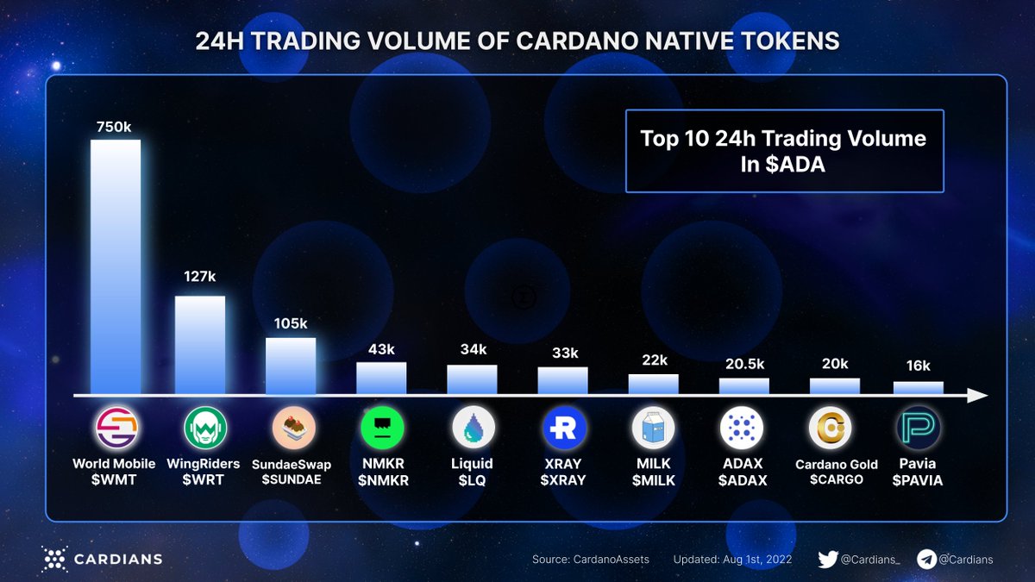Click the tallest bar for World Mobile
click(116, 267)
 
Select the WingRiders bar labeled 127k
click(200, 345)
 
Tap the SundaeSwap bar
click(291, 366)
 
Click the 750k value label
click(114, 127)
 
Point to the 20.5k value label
click(743, 364)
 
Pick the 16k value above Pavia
click(918, 366)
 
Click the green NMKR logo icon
click(381, 428)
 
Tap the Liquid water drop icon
click(473, 428)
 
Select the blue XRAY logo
click(564, 428)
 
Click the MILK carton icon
click(654, 428)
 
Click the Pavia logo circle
click(919, 428)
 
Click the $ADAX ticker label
click(743, 480)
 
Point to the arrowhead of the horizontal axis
click(977, 396)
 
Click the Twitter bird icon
click(828, 560)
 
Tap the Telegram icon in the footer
click(926, 560)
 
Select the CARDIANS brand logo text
click(116, 560)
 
